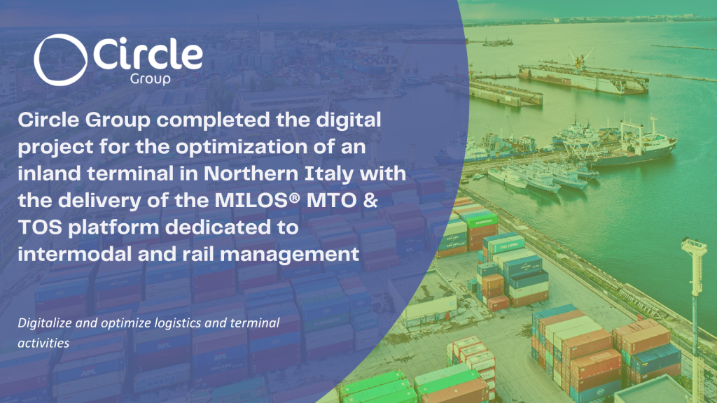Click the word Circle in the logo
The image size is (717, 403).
click(x=146, y=55)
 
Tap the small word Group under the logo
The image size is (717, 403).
click(x=149, y=79)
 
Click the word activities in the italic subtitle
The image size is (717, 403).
click(x=43, y=344)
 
